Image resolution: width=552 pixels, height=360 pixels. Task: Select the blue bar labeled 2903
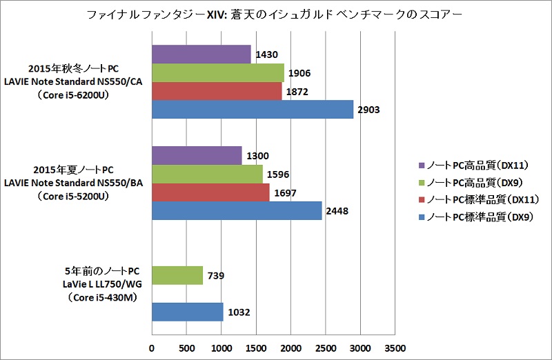[x=252, y=109]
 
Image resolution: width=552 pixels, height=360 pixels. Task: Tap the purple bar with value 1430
[x=201, y=54]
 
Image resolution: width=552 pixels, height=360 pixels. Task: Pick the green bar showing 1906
[x=217, y=72]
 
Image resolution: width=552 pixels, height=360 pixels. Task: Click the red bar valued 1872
[x=216, y=91]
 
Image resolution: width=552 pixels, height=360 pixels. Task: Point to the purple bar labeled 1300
[x=197, y=155]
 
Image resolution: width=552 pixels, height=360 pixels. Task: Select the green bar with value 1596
[x=207, y=174]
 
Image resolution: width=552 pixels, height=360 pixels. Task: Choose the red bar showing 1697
[x=210, y=192]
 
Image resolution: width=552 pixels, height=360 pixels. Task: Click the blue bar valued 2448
[x=237, y=210]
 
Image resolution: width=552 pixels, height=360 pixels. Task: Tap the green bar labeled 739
[x=177, y=275]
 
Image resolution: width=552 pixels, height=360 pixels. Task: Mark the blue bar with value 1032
[x=187, y=312]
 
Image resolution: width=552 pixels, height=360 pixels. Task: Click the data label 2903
[x=368, y=110]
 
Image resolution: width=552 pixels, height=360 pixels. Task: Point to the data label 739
[x=217, y=275]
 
